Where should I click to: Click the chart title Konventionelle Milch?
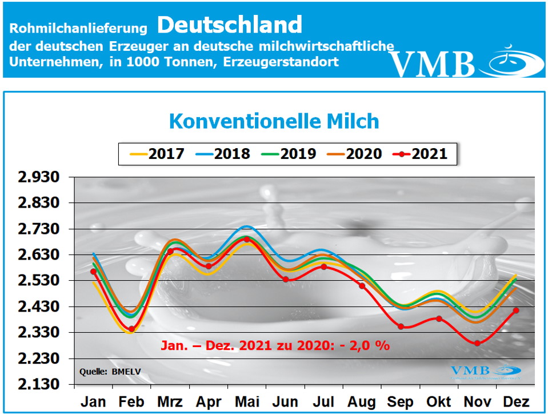[x=274, y=121]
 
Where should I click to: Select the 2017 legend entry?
[x=157, y=154]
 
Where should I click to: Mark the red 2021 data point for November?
[x=478, y=343]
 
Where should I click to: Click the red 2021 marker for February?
[x=131, y=329]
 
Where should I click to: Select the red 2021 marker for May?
[x=247, y=239]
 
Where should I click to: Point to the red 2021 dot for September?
[x=401, y=327]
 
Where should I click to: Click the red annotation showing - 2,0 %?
[x=275, y=346]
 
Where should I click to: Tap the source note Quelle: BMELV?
[x=110, y=372]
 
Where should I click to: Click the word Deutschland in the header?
[x=229, y=25]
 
